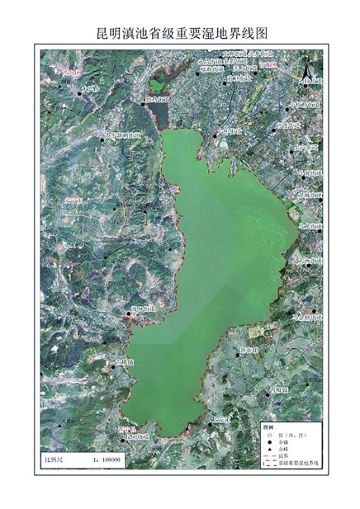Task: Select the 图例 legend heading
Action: click(x=266, y=428)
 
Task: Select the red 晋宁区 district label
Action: click(x=129, y=428)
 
